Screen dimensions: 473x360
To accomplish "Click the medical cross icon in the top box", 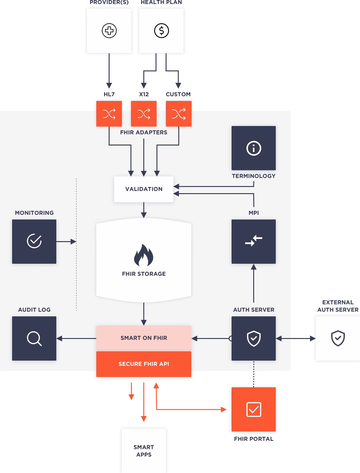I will (x=109, y=31).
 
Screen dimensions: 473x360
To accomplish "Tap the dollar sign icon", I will (x=162, y=31).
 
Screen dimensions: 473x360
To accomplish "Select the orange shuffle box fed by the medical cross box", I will (x=109, y=114).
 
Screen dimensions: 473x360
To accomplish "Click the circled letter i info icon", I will (x=254, y=148).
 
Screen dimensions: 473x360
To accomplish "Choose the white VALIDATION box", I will (x=144, y=189).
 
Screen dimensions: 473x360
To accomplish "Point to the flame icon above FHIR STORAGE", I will (x=144, y=255).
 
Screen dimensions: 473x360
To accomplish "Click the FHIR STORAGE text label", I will (x=144, y=274).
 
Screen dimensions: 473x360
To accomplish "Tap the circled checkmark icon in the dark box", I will (x=34, y=241).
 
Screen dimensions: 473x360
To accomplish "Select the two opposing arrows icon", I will (x=254, y=241).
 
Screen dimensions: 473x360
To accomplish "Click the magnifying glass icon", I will (x=34, y=338).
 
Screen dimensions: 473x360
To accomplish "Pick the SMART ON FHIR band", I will (x=144, y=338).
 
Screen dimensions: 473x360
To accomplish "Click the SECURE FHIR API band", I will (x=144, y=364).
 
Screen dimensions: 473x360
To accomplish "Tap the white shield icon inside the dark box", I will (x=254, y=338).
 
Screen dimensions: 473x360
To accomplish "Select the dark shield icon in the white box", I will (x=338, y=338).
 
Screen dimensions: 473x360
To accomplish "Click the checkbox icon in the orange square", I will (x=254, y=410).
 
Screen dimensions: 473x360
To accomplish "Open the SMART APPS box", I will (x=144, y=451).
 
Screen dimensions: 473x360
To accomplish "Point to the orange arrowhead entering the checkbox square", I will (x=223, y=410).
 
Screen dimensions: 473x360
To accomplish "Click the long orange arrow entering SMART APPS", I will (x=143, y=402).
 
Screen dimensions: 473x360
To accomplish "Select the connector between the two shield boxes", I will (x=296, y=338).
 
